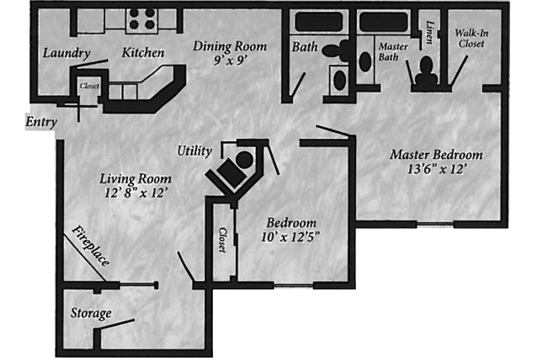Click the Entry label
(x=41, y=122)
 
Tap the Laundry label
(x=66, y=53)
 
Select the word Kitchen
(x=143, y=52)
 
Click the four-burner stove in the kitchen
(x=141, y=19)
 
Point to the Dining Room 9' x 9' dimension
(x=230, y=61)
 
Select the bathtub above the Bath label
(x=318, y=22)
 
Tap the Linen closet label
(x=429, y=32)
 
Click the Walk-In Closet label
(x=471, y=39)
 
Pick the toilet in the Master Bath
(x=427, y=72)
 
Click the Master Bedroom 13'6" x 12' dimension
(x=435, y=169)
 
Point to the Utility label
(x=194, y=151)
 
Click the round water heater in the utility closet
(x=245, y=160)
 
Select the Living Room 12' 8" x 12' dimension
(x=136, y=194)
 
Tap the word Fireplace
(x=90, y=246)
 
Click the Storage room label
(x=91, y=313)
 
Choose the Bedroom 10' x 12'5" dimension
(x=290, y=236)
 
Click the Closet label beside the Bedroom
(x=222, y=240)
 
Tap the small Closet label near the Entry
(x=89, y=86)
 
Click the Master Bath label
(x=393, y=51)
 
